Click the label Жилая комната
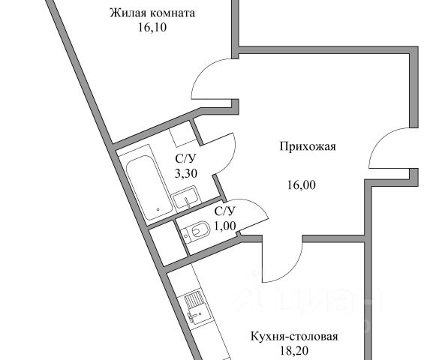click(152, 13)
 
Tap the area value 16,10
click(152, 28)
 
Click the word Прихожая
click(308, 147)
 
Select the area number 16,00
click(302, 185)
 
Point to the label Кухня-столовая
click(294, 337)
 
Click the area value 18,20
click(294, 351)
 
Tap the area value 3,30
click(185, 173)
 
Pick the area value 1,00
click(225, 226)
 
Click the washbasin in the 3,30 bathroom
click(185, 199)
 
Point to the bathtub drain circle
click(158, 210)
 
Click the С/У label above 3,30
click(185, 159)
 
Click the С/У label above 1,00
click(225, 211)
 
